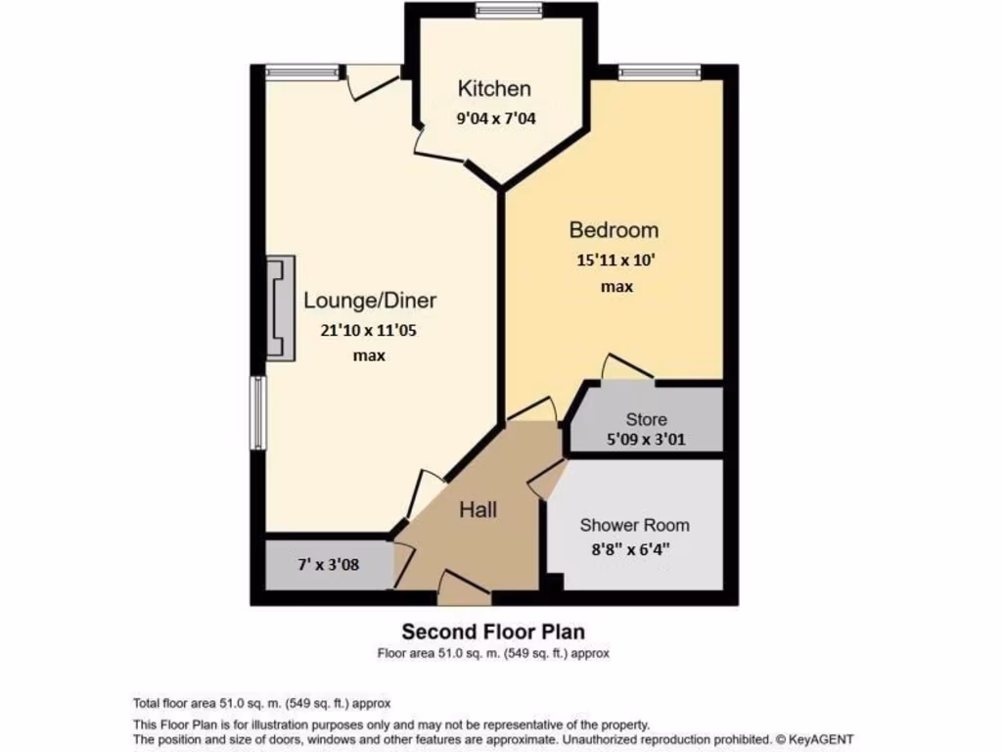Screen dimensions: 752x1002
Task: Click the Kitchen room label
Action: tap(494, 89)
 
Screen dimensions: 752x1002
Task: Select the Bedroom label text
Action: tap(614, 230)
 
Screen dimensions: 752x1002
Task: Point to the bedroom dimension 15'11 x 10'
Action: tap(615, 260)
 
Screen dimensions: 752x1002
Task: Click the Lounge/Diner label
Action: tap(370, 300)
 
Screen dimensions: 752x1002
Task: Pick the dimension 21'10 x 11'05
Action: tap(369, 330)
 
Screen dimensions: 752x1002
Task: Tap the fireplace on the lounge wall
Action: tap(281, 308)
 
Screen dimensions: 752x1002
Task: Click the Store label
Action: tap(646, 419)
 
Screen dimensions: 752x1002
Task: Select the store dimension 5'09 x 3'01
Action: tap(646, 440)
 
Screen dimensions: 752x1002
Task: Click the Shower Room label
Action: tap(634, 525)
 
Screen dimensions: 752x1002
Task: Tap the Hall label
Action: tap(478, 510)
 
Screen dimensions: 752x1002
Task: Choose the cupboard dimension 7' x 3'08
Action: tap(329, 565)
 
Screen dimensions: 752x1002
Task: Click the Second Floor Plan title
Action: tap(493, 632)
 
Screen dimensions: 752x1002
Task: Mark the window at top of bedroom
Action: tap(660, 70)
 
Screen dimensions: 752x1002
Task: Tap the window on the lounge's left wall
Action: tap(258, 412)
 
